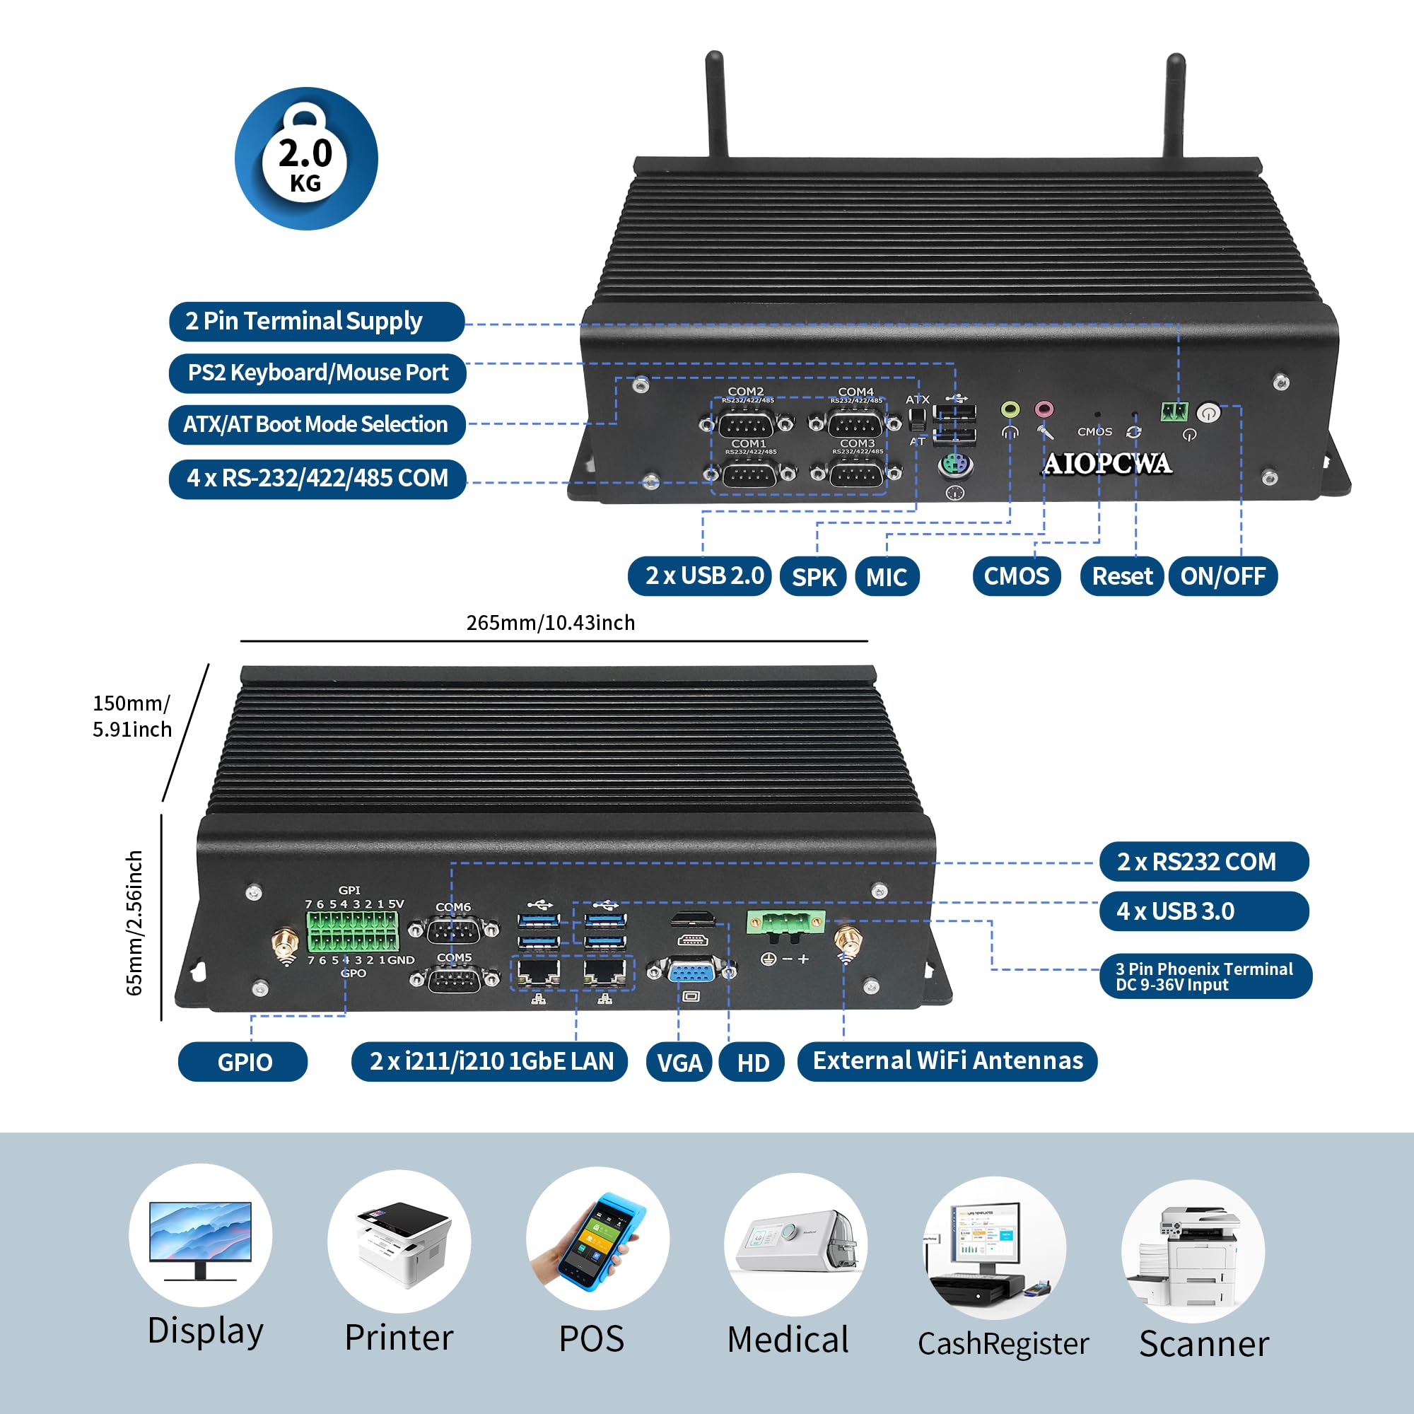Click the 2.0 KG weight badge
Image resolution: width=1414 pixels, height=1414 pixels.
tap(306, 159)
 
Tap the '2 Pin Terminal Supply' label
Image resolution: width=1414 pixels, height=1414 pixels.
tap(316, 321)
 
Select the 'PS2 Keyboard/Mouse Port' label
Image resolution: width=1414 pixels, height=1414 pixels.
tap(317, 373)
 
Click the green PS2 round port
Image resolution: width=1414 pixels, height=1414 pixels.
tap(955, 464)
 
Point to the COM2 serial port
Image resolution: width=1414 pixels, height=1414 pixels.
tap(747, 423)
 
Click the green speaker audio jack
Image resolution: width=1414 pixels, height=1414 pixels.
tap(1010, 410)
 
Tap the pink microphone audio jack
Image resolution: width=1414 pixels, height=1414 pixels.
tap(1044, 410)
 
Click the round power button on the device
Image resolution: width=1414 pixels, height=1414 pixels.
tap(1208, 413)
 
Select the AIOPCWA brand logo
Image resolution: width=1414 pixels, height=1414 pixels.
tap(1106, 463)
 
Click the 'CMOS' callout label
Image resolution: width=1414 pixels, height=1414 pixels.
tap(1016, 576)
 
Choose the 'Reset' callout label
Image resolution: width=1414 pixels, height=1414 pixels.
tap(1121, 576)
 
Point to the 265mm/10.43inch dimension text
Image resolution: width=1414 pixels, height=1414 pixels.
tap(550, 623)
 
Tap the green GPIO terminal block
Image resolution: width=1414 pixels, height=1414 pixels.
tap(353, 931)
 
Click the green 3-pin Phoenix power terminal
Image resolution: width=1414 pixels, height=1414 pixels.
tap(785, 923)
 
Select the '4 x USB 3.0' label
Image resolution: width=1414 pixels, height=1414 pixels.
tap(1203, 911)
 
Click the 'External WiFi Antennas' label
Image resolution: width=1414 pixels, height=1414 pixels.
tap(947, 1061)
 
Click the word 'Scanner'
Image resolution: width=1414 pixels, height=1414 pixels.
tap(1203, 1344)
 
